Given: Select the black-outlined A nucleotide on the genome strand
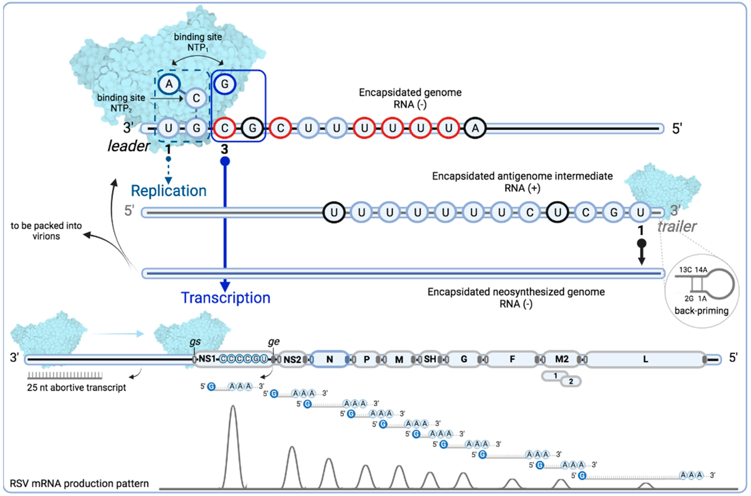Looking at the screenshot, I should coord(475,128).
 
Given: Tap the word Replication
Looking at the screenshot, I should coord(169,191).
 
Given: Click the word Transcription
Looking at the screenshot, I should coord(225,298).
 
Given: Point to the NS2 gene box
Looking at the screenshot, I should coord(292,360).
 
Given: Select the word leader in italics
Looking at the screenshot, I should coord(128,146).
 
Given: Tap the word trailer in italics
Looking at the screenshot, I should coord(677,227).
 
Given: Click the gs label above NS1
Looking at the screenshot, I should coord(195,342).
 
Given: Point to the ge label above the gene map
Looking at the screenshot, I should coord(274,342).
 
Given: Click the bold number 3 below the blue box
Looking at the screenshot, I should coord(224,149).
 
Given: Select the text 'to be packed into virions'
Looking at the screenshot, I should coord(46,231).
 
